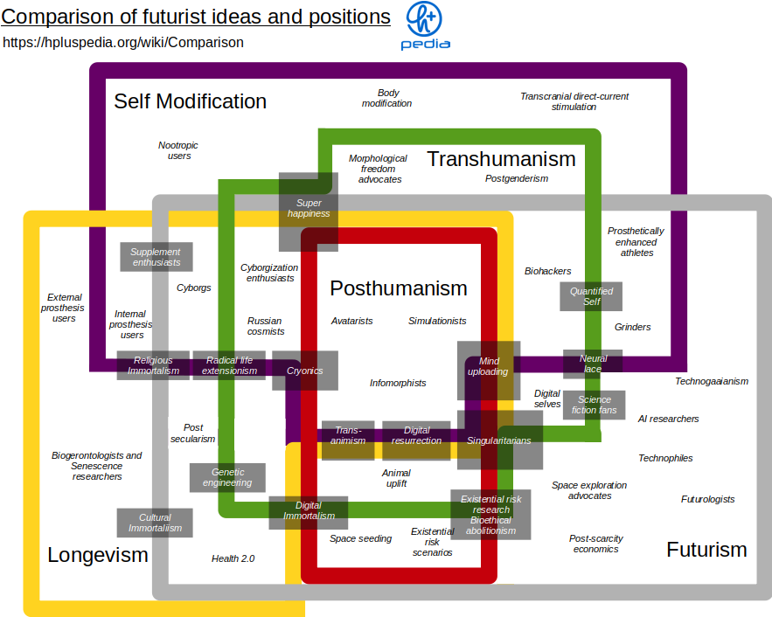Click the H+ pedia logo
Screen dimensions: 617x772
425,25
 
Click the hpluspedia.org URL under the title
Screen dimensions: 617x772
123,42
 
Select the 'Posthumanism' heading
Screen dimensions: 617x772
399,288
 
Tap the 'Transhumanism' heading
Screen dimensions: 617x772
501,159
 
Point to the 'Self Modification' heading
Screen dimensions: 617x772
190,101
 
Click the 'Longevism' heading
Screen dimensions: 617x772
98,555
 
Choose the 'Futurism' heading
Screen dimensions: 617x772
706,550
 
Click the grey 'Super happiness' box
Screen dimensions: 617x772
309,209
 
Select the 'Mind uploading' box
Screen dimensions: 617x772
488,366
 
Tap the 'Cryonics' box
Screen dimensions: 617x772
305,371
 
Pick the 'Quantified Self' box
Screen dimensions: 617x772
591,296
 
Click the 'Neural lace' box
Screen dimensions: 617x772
593,364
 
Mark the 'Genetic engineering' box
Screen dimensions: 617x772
227,477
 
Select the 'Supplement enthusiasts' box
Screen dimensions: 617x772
156,257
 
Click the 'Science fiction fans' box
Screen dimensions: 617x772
595,405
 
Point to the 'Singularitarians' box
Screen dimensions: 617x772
499,440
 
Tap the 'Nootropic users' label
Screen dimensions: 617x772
178,150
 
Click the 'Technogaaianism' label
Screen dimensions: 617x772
711,381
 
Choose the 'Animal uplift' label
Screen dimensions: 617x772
395,478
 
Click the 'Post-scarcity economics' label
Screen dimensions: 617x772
595,544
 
